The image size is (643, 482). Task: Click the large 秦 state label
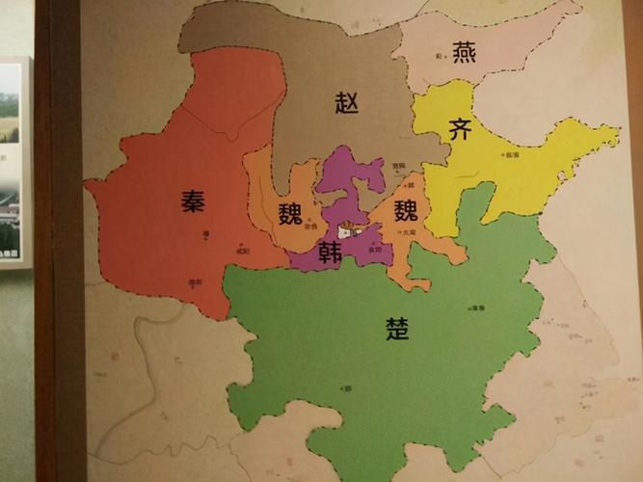[193, 201]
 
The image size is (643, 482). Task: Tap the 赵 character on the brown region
[347, 103]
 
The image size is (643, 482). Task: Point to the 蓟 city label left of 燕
[439, 58]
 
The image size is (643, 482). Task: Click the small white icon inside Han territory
[348, 231]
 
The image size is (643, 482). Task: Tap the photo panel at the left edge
[12, 164]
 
